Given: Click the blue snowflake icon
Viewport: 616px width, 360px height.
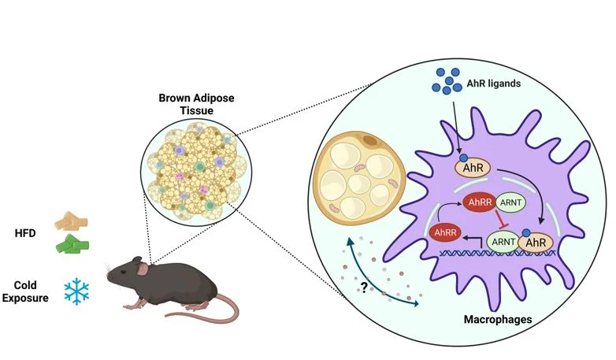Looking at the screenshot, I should point(76,291).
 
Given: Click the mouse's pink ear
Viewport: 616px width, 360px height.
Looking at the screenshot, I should point(142,269).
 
